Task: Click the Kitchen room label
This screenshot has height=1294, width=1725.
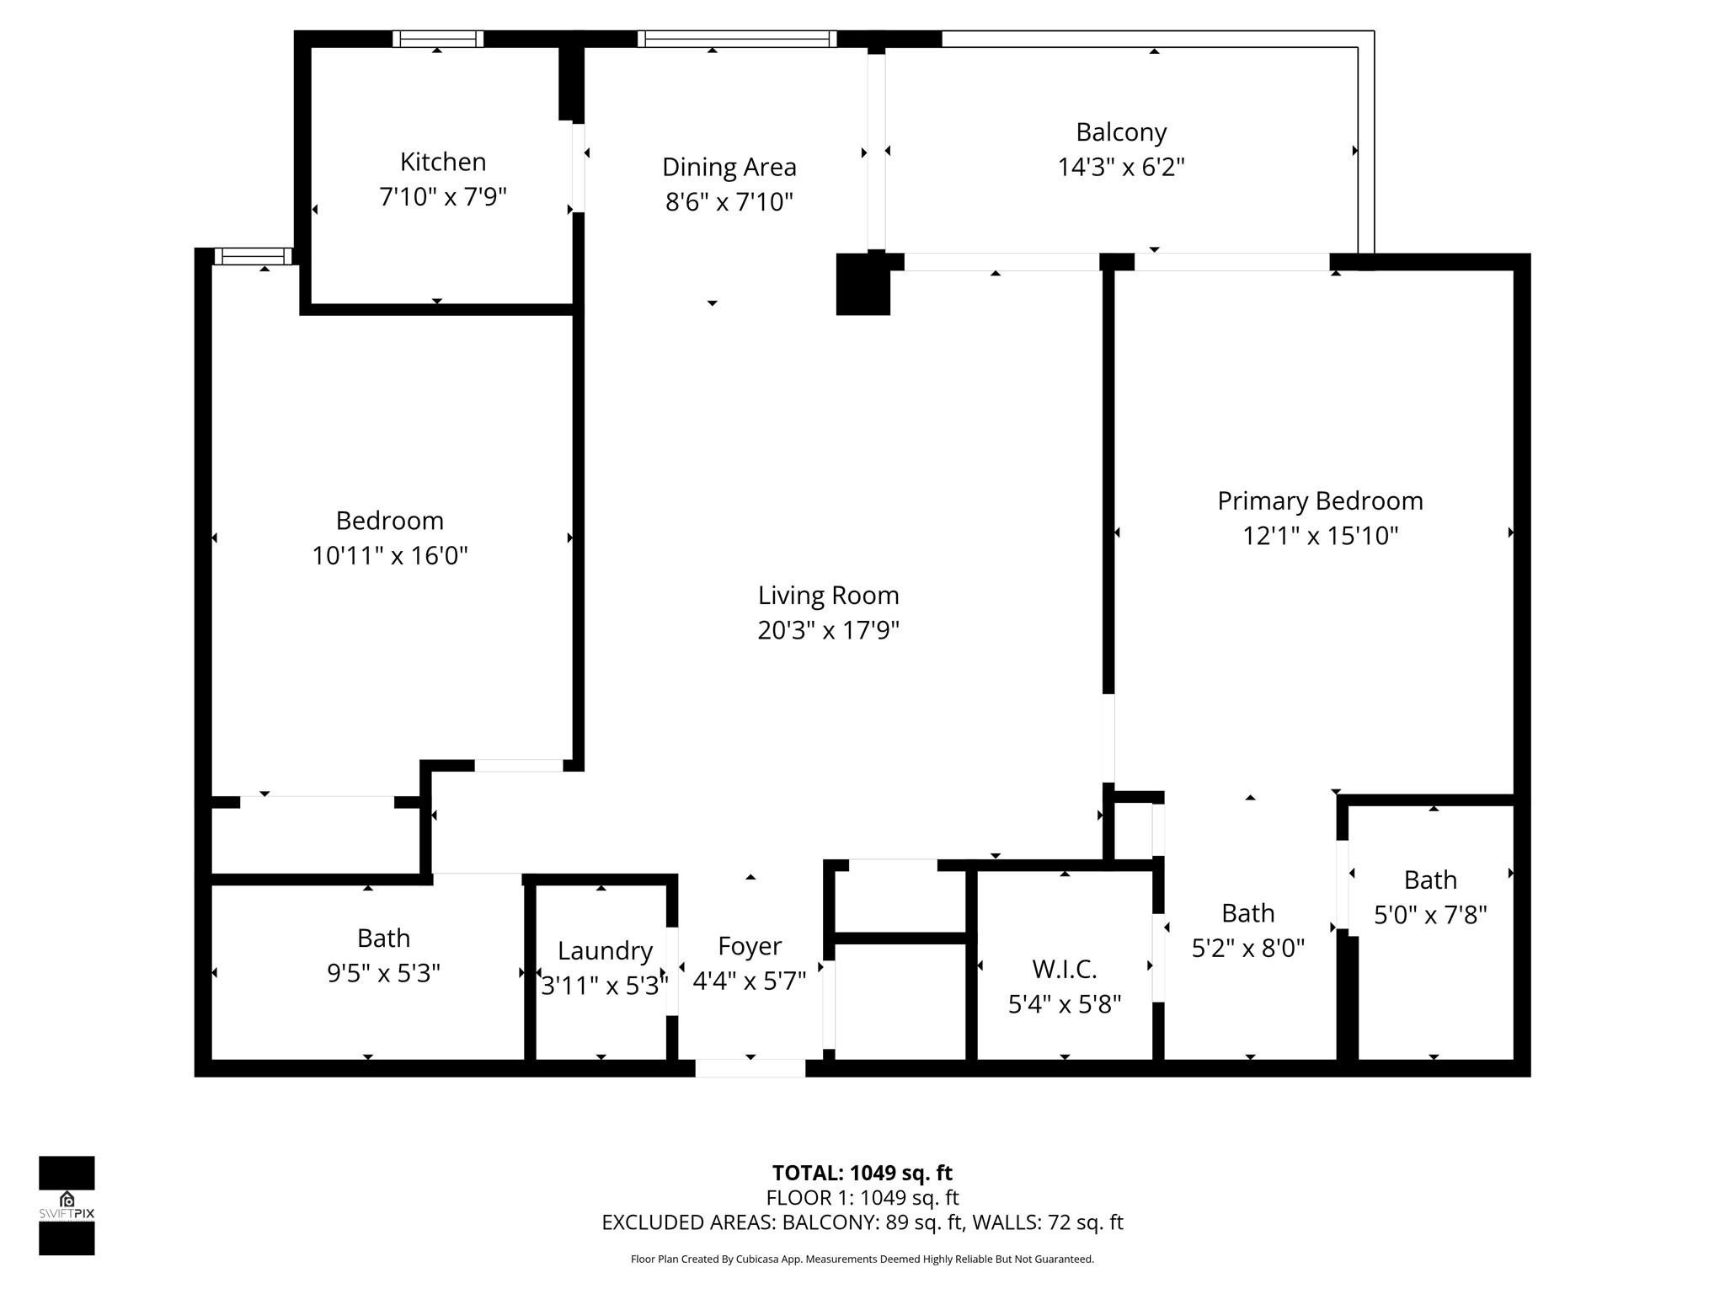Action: click(x=442, y=162)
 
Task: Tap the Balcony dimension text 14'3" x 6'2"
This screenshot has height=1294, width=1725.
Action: click(x=1120, y=168)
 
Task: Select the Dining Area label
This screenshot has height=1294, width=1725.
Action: click(x=729, y=167)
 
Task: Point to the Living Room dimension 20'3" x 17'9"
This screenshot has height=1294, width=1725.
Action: click(x=828, y=630)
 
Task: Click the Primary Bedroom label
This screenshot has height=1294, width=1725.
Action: click(x=1319, y=501)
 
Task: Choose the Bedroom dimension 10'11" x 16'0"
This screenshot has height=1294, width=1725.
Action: click(x=389, y=556)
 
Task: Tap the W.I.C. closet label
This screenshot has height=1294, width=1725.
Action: click(x=1064, y=970)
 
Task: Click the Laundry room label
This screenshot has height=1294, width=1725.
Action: click(x=605, y=951)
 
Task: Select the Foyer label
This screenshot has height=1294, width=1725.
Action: click(x=749, y=946)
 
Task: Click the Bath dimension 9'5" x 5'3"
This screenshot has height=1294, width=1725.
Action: click(x=383, y=974)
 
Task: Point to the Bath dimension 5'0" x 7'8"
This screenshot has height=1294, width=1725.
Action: click(x=1429, y=915)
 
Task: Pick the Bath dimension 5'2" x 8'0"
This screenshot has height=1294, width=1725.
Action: click(x=1247, y=949)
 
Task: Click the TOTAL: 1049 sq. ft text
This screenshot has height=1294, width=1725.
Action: click(x=862, y=1173)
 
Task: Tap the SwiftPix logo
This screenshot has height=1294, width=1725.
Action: click(x=67, y=1205)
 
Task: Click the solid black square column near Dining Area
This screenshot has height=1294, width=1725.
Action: click(x=862, y=285)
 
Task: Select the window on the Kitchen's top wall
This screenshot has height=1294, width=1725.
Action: click(x=438, y=39)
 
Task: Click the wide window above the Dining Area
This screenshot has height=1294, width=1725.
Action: click(x=737, y=39)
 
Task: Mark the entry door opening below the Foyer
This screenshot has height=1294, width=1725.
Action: click(x=750, y=1068)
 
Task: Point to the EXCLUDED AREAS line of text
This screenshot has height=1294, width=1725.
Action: click(x=862, y=1222)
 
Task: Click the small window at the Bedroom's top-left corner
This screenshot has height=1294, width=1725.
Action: click(x=253, y=256)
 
